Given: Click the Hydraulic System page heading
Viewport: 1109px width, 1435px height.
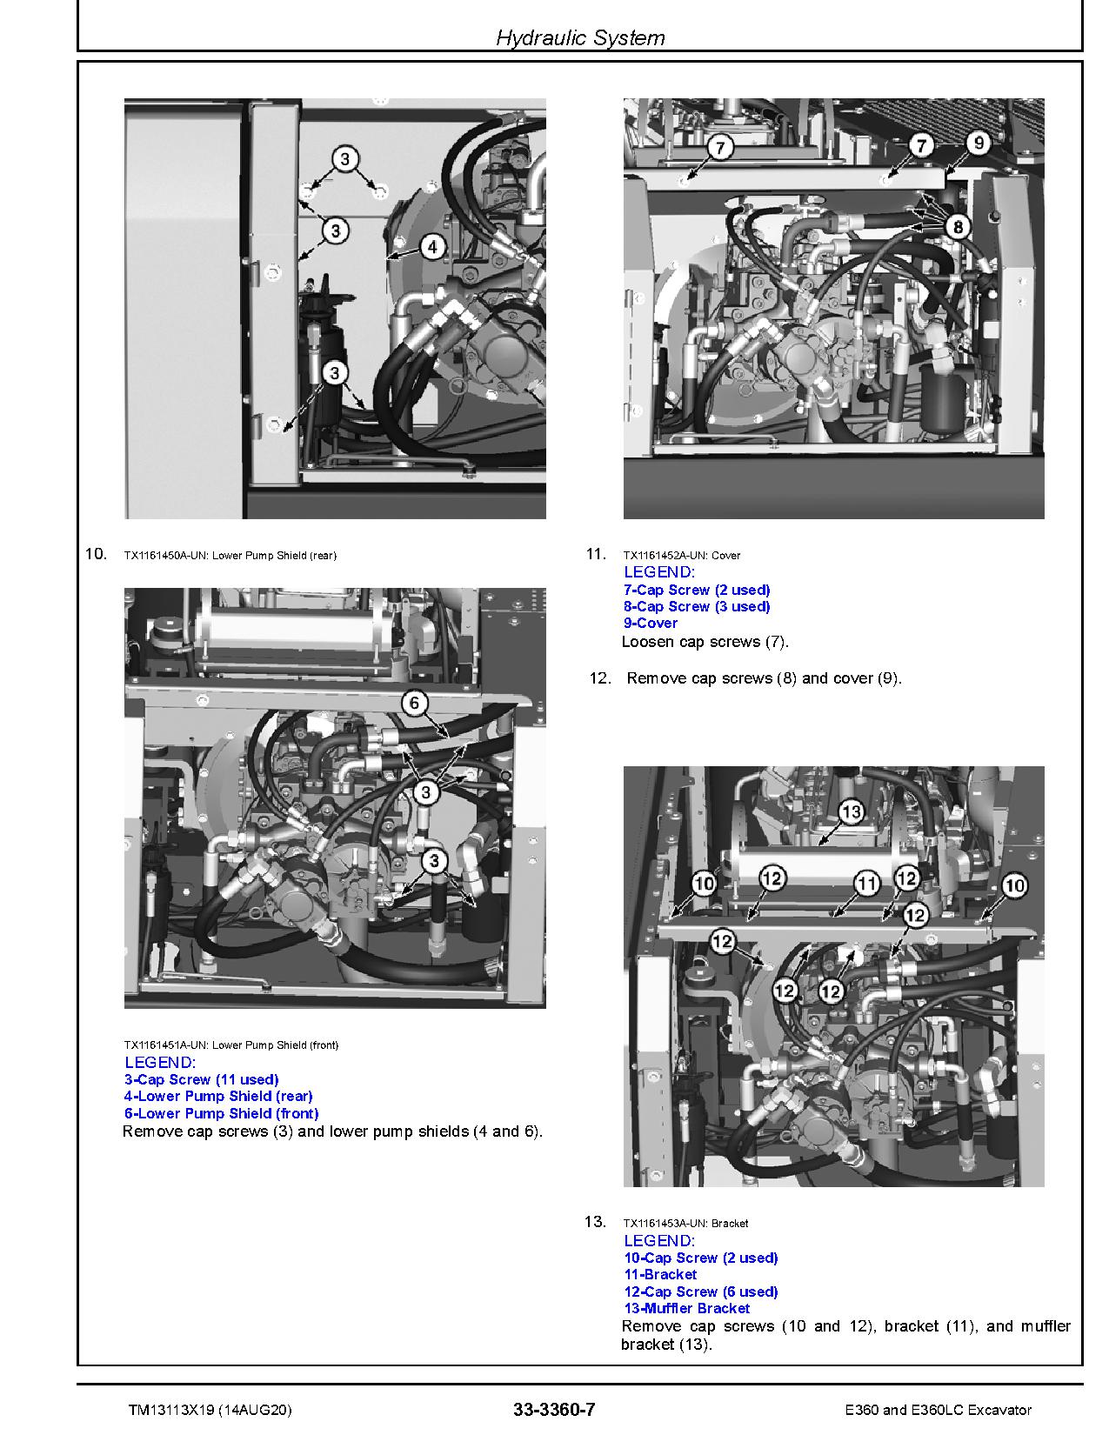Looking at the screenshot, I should click(x=580, y=37).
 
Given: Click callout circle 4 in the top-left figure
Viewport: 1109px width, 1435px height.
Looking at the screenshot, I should click(x=432, y=247).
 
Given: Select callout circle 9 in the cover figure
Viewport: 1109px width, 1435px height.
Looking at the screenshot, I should click(x=978, y=143).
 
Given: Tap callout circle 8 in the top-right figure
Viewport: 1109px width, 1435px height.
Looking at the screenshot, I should click(x=957, y=228).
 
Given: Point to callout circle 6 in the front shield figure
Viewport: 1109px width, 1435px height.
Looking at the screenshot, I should click(x=415, y=703).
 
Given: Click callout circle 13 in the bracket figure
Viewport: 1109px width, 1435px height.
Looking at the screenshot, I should click(x=851, y=812).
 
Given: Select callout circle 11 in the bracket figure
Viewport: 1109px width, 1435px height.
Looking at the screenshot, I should click(x=866, y=884).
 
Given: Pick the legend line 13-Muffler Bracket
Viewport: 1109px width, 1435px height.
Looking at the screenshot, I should click(x=686, y=1308).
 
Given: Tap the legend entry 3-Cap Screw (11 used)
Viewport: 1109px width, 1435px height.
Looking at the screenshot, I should click(x=201, y=1079).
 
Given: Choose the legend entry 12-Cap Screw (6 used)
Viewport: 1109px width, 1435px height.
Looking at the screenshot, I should click(x=700, y=1291).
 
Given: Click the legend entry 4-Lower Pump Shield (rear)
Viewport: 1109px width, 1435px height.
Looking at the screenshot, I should click(x=217, y=1096).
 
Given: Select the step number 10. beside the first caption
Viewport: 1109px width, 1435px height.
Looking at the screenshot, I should click(x=96, y=554).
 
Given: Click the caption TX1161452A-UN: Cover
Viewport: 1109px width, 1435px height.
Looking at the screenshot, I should click(x=682, y=555).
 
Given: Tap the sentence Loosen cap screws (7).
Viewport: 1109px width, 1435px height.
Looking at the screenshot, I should click(x=705, y=642).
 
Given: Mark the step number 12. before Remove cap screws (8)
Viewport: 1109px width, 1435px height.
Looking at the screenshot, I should click(x=600, y=678).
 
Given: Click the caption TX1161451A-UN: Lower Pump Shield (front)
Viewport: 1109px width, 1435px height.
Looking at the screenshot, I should click(x=231, y=1045).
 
